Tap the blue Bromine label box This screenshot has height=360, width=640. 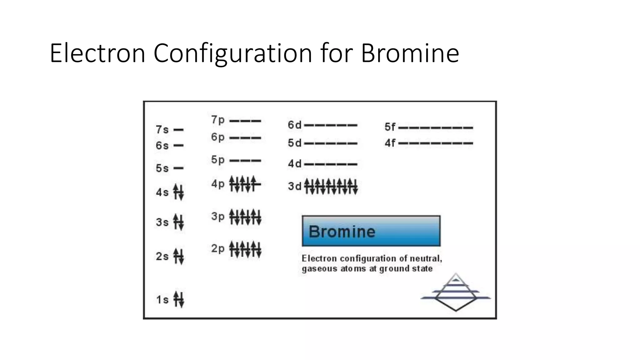click(371, 231)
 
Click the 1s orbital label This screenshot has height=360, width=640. click(162, 300)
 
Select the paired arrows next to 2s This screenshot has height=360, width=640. click(179, 256)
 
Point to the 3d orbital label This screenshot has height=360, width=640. click(294, 186)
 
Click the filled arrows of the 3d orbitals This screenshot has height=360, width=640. click(331, 186)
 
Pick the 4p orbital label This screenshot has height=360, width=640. click(218, 184)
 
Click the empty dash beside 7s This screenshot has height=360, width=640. click(178, 130)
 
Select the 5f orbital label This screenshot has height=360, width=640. click(390, 127)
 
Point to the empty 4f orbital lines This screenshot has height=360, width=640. click(436, 143)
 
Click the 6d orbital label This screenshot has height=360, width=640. click(294, 125)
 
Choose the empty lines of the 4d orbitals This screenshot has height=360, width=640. click(331, 164)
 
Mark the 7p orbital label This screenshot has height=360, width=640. click(218, 120)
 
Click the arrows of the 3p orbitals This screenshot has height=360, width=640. click(245, 217)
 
